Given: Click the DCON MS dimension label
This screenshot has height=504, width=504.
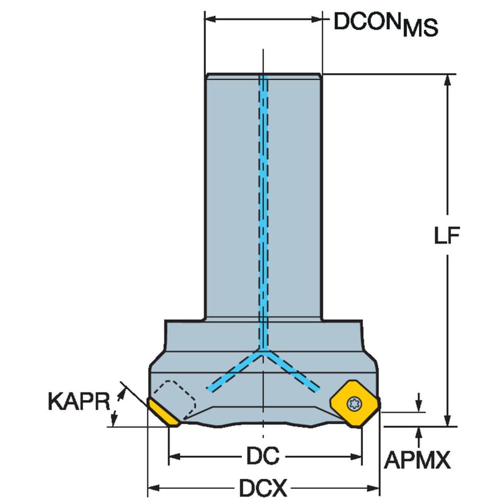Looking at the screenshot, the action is point(386,25).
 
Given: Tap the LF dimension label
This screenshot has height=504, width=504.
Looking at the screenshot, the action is point(447,235).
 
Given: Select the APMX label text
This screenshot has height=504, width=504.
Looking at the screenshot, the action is point(417,460).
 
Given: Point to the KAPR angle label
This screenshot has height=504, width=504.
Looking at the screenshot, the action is point(79,401).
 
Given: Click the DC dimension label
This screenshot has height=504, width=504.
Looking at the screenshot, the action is point(263,456).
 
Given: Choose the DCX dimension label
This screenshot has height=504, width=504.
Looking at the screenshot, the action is point(263,488).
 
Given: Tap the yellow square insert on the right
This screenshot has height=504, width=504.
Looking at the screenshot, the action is point(355,404).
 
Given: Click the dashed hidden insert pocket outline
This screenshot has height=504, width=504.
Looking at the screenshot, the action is point(175,399).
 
